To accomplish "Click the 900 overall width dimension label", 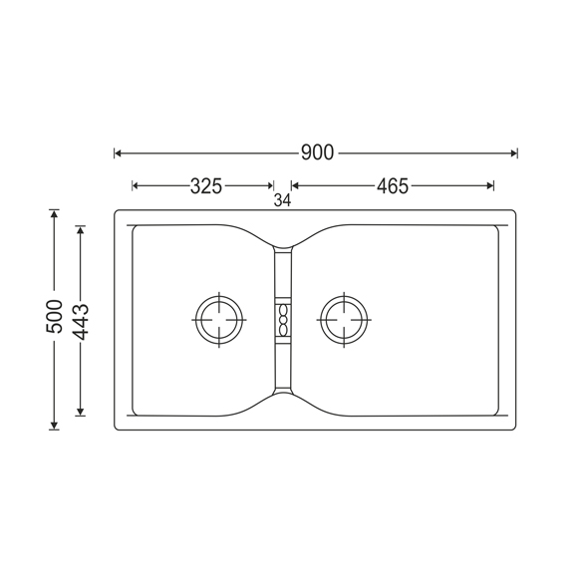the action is pyautogui.click(x=317, y=152).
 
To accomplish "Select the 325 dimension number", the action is pyautogui.click(x=206, y=186).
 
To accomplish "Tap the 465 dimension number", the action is pyautogui.click(x=393, y=186).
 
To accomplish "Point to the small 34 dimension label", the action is pyautogui.click(x=282, y=200).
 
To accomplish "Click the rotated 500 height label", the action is pyautogui.click(x=55, y=316).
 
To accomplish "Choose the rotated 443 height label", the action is pyautogui.click(x=81, y=322).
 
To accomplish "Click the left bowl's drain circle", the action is pyautogui.click(x=219, y=320).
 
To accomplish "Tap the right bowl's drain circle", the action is pyautogui.click(x=344, y=320).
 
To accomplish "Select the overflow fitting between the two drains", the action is pyautogui.click(x=283, y=321).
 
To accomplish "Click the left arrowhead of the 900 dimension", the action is pyautogui.click(x=118, y=153).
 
